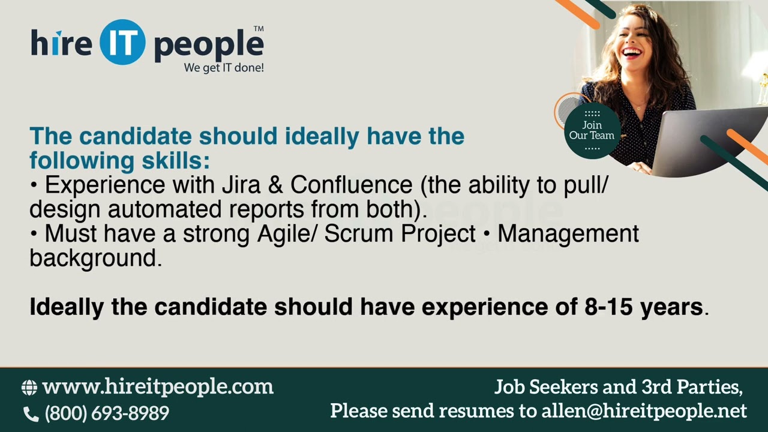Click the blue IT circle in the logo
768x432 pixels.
[122, 43]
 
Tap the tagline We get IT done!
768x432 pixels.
[224, 68]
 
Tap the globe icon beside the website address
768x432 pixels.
[29, 388]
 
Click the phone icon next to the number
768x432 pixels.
[30, 413]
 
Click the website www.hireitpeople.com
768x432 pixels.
[158, 386]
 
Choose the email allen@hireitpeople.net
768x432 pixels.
[644, 411]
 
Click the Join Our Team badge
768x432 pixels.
[592, 130]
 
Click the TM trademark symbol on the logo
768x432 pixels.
[259, 28]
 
